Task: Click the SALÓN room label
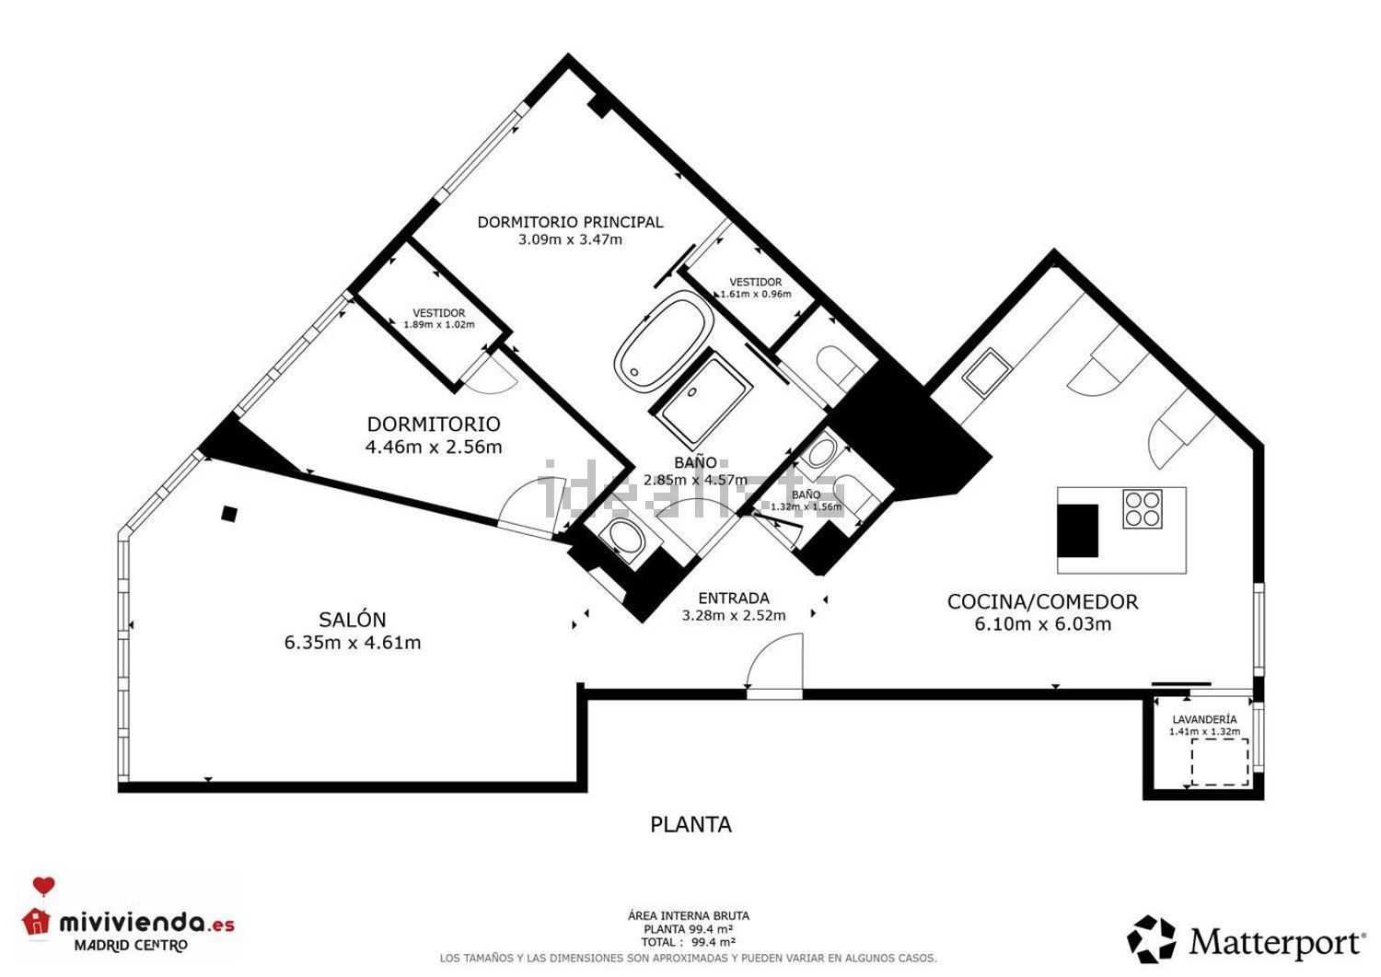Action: point(353,620)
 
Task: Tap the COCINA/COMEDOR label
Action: point(1042,601)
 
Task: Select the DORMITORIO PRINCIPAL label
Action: point(570,222)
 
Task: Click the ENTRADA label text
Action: point(733,599)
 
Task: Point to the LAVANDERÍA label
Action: point(1204,719)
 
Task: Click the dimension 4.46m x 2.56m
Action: point(434,448)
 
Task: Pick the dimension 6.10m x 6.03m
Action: point(1042,624)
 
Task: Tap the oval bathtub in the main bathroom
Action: point(664,340)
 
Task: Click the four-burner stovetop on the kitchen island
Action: point(1143,508)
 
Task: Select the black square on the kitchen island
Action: point(1077,531)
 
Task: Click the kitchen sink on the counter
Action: point(987,370)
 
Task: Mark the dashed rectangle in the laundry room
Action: point(1220,762)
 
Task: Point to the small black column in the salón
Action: point(229,514)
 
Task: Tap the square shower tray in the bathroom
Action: point(702,402)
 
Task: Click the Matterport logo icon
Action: point(1151,939)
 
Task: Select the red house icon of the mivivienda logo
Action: point(37,921)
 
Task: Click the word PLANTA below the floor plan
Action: point(690,825)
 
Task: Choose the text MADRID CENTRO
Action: point(131,946)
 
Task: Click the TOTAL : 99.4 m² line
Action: point(688,942)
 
